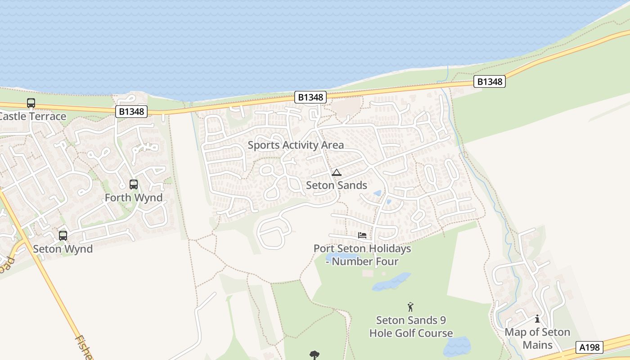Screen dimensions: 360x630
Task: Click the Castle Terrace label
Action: (33, 117)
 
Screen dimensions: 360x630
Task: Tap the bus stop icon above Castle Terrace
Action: (31, 103)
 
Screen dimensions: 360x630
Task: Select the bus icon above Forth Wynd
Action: (134, 184)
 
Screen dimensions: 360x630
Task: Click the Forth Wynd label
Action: (134, 198)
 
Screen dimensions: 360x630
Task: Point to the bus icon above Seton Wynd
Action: (63, 235)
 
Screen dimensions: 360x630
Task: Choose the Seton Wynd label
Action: (63, 249)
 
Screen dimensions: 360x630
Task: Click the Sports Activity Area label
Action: (296, 145)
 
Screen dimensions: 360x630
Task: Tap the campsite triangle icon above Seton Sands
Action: (337, 172)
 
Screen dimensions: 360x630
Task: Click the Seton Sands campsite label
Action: (337, 185)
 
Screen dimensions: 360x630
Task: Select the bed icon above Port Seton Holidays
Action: (362, 235)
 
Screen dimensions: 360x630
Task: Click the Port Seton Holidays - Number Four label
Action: (362, 255)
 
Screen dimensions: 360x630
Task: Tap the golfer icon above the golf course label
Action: (410, 307)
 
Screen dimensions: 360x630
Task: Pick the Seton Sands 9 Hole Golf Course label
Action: (411, 327)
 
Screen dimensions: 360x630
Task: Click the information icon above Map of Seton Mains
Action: (537, 319)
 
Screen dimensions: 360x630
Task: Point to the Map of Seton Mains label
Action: (537, 338)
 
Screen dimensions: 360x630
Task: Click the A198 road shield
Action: (589, 347)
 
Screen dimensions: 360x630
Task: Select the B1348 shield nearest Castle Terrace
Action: (131, 112)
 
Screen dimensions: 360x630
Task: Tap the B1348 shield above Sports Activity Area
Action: (310, 97)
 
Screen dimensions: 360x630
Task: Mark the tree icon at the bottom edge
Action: (315, 355)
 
